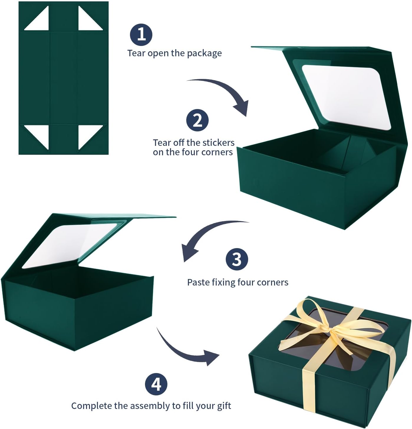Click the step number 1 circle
(x=141, y=35)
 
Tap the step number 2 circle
(x=197, y=120)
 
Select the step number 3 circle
(x=237, y=259)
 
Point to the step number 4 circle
(x=156, y=384)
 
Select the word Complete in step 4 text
(x=92, y=406)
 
